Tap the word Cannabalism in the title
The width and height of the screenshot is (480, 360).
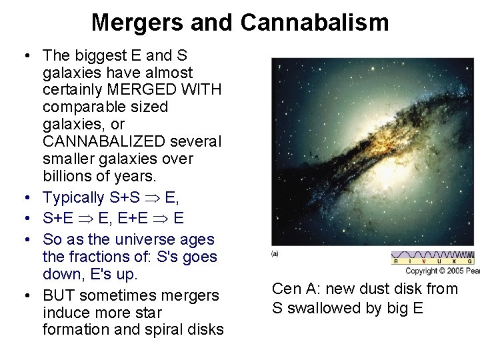tap(314, 23)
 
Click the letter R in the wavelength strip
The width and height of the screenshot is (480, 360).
tap(397, 262)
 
